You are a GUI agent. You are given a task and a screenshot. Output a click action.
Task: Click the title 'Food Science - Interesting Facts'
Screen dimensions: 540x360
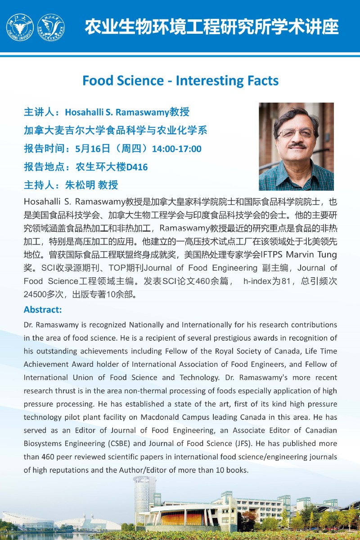(x=180, y=81)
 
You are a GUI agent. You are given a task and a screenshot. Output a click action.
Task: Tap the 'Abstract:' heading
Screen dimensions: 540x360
(x=43, y=310)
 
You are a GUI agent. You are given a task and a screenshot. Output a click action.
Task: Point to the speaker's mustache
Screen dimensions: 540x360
(x=297, y=145)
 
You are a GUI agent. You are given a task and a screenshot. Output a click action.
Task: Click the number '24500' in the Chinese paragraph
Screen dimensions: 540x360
(x=36, y=295)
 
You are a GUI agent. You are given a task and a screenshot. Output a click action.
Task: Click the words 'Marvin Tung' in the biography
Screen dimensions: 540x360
(x=312, y=255)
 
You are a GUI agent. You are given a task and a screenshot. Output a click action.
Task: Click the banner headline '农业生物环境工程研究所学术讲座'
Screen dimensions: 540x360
(x=211, y=27)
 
